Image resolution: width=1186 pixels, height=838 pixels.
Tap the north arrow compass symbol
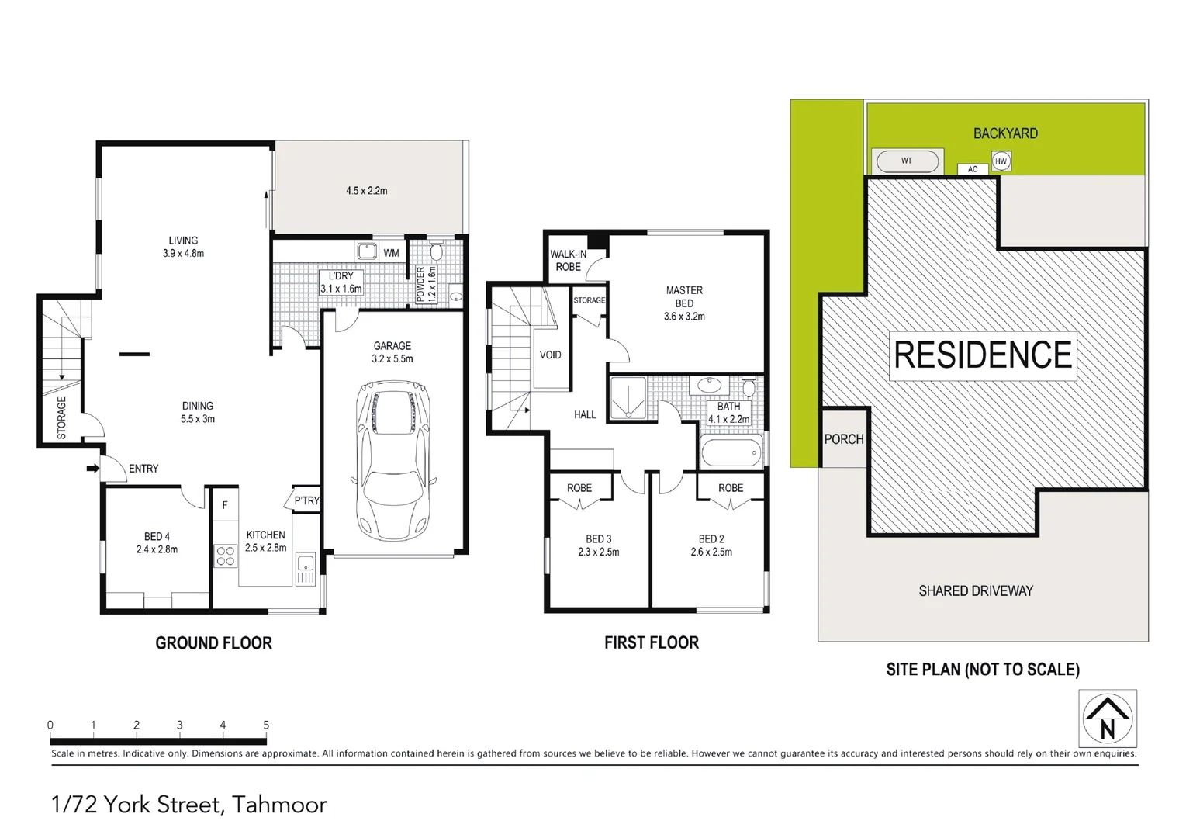point(1108,719)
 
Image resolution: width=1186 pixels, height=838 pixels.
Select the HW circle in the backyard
point(1001,161)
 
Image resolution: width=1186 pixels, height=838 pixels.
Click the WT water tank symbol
point(907,161)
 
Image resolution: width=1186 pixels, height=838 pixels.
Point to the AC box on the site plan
point(973,169)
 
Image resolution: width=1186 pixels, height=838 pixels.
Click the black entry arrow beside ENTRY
point(92,469)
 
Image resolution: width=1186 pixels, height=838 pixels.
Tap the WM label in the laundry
point(391,253)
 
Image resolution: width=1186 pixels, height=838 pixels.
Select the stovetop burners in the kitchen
point(225,556)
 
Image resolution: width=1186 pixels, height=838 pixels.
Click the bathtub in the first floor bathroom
point(731,453)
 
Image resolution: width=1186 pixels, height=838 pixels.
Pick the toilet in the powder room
point(436,251)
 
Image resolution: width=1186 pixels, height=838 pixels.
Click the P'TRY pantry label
point(306,500)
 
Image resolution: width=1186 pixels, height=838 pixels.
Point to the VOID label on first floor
point(550,355)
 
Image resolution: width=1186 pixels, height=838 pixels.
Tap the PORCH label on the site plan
point(843,439)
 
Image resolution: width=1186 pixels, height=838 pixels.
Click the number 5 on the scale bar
point(266,725)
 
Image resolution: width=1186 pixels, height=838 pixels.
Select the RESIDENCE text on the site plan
point(983,355)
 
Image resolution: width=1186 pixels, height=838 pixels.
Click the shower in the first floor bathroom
point(628,398)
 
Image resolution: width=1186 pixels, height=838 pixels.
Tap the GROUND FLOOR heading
point(213,643)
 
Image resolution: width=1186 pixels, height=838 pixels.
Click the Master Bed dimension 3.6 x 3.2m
point(684,317)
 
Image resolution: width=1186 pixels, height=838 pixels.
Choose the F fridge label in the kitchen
point(225,505)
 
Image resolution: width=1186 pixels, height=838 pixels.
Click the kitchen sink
point(305,564)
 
